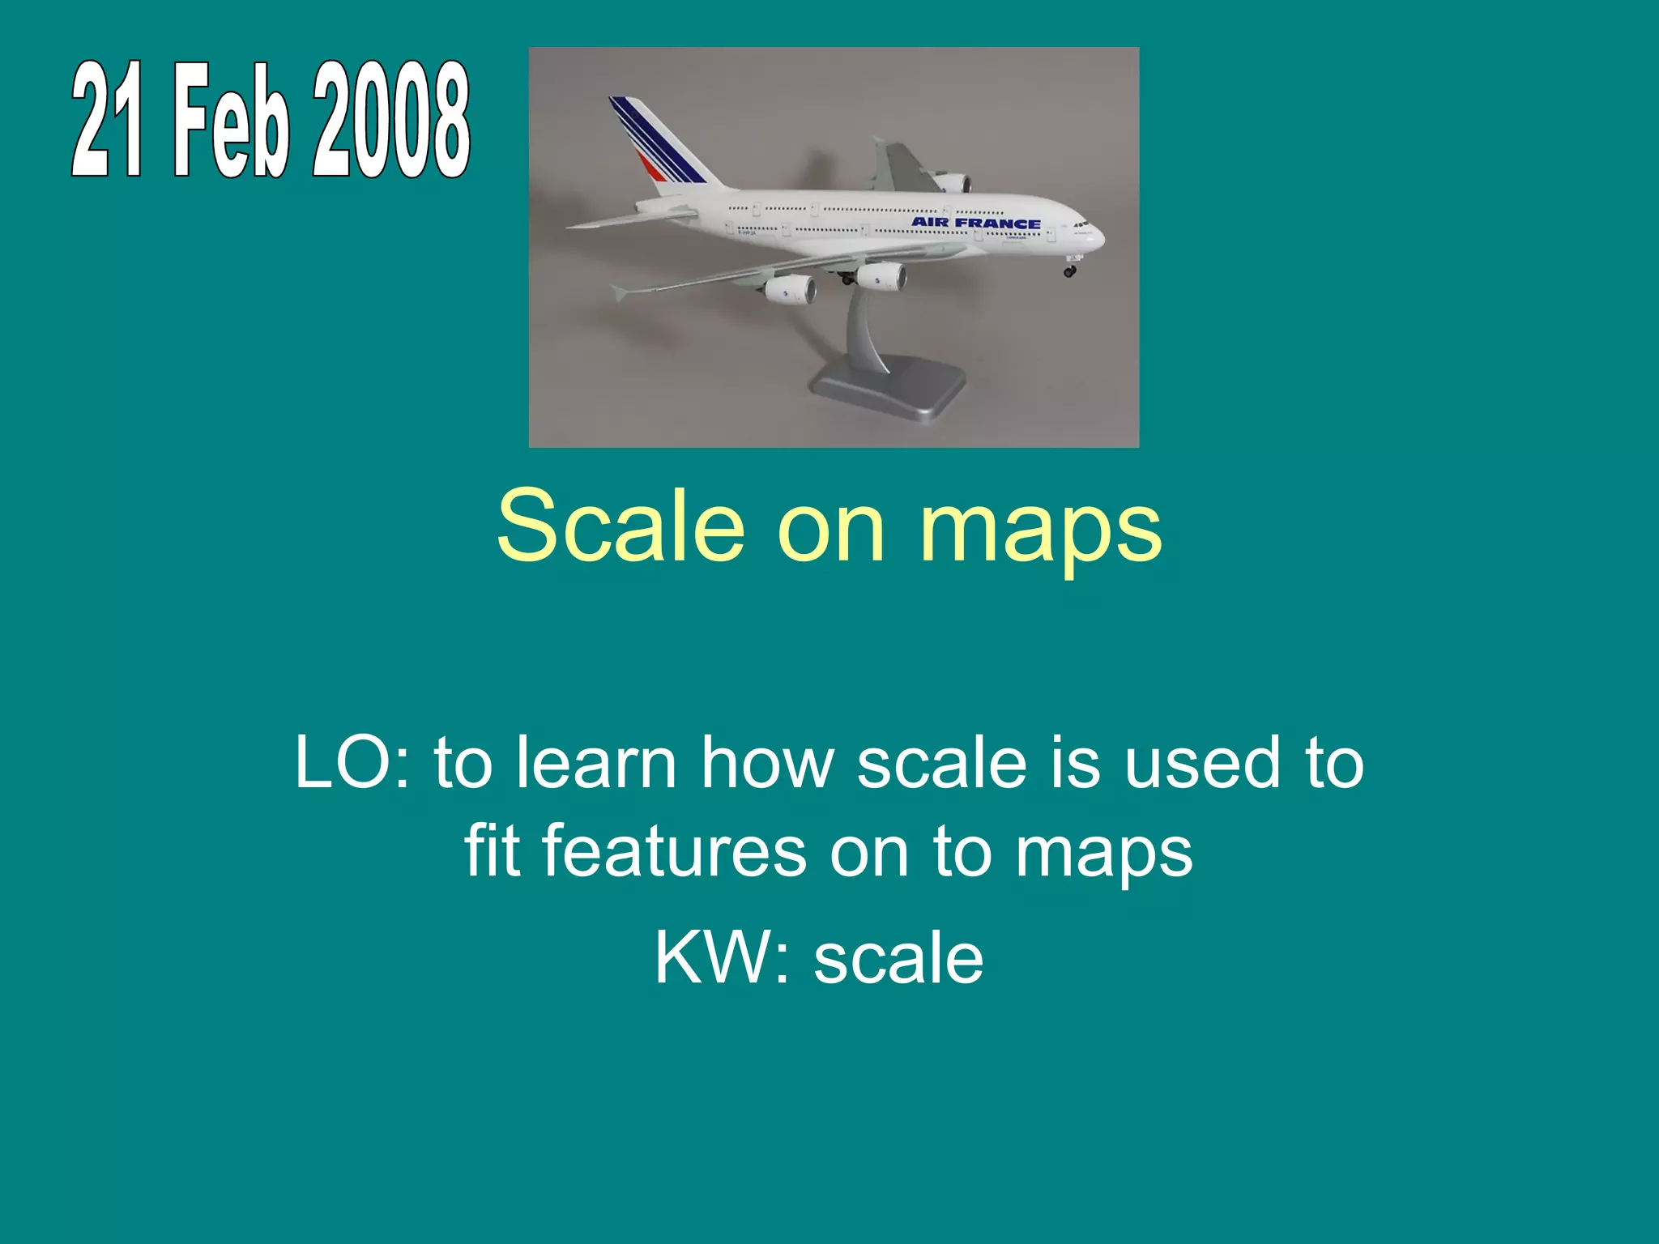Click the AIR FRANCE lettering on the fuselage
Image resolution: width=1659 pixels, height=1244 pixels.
pyautogui.click(x=975, y=223)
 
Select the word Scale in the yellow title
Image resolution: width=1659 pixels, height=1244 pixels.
pyautogui.click(x=621, y=526)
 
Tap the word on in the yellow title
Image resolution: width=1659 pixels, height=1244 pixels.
pyautogui.click(x=831, y=530)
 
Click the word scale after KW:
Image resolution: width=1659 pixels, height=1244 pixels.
pyautogui.click(x=898, y=957)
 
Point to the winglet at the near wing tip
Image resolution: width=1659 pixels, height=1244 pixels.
pyautogui.click(x=621, y=292)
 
